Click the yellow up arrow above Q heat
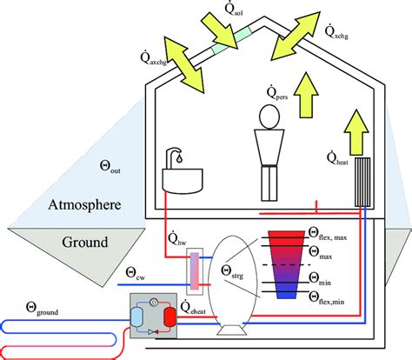355,129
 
